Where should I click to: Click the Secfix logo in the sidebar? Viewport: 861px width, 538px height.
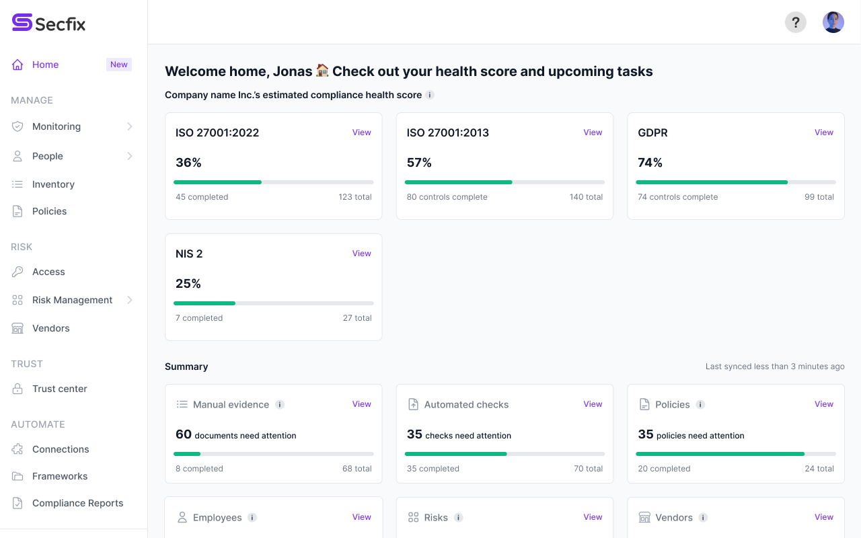(48, 24)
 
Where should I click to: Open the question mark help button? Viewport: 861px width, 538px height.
(796, 22)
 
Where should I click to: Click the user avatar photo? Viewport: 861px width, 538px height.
(833, 22)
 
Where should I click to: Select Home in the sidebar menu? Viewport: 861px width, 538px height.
(45, 65)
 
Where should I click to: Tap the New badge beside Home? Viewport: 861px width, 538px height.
(119, 65)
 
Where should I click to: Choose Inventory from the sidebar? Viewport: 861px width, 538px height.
(53, 184)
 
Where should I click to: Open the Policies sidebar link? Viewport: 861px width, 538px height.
(49, 211)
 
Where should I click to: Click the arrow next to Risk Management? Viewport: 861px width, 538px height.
(130, 300)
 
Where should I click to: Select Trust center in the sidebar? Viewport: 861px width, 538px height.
(59, 389)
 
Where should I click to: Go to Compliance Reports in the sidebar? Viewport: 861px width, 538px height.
(77, 503)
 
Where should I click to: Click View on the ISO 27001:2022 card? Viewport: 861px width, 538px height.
(361, 132)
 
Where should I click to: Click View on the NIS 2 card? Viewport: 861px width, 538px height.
(361, 254)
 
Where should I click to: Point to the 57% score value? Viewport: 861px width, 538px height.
(419, 163)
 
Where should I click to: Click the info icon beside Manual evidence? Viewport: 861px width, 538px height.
(280, 404)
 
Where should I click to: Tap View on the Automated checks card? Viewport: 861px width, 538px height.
(593, 404)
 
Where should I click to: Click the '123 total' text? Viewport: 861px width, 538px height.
(354, 197)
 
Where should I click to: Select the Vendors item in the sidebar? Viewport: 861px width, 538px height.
(50, 328)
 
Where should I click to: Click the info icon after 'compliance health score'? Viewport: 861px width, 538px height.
(430, 95)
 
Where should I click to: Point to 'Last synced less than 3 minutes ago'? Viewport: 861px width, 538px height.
(774, 367)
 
